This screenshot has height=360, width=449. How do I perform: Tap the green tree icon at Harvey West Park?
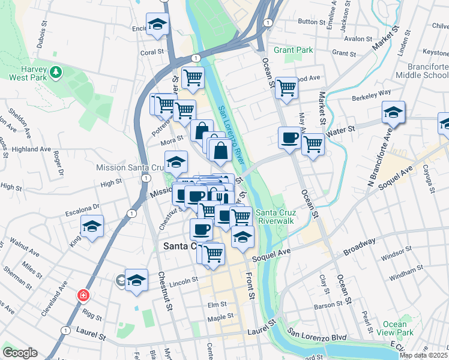(56, 73)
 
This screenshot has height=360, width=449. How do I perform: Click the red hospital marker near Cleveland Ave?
(83, 296)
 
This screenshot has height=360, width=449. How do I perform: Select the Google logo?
(20, 353)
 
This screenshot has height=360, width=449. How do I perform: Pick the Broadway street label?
(360, 244)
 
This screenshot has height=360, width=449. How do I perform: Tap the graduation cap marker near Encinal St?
(157, 25)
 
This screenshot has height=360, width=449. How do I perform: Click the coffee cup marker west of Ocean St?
(289, 139)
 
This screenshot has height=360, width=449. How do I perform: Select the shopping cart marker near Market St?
(313, 144)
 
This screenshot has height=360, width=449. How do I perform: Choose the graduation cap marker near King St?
(92, 227)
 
